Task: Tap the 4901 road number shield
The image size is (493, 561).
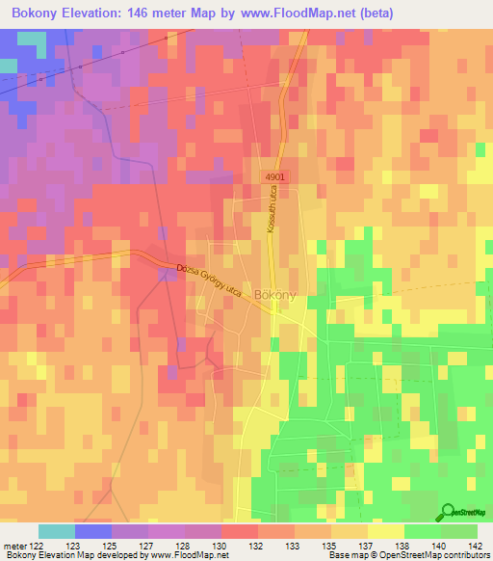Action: (276, 178)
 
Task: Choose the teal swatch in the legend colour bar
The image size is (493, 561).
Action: (56, 531)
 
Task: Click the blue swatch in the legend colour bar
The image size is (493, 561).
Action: (92, 531)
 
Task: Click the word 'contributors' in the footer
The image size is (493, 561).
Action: (467, 556)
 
